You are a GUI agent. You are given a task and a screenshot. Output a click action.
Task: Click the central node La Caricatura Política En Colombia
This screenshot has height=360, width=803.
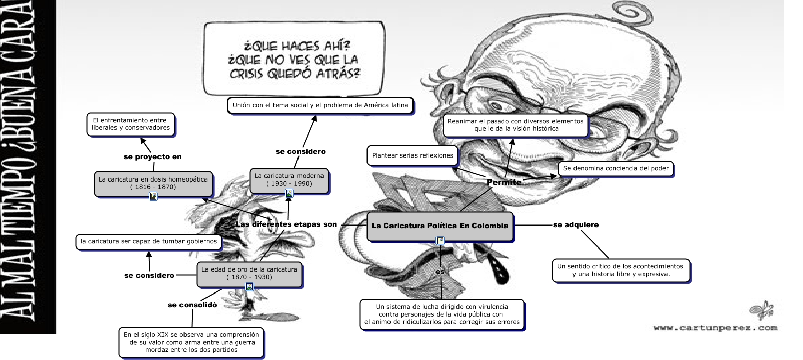[440, 226]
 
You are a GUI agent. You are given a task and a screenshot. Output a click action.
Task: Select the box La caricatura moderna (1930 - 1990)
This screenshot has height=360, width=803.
[289, 179]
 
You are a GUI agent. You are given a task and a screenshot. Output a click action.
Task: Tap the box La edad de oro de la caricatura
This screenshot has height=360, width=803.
[249, 273]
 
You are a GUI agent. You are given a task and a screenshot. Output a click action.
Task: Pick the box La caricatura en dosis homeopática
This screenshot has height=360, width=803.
[153, 183]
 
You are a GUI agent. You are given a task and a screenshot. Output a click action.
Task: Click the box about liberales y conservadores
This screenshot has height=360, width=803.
[131, 124]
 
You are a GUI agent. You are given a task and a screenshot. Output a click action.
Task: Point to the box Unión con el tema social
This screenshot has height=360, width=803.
[320, 105]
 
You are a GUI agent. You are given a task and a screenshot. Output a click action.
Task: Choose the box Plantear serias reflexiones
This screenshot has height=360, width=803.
[412, 155]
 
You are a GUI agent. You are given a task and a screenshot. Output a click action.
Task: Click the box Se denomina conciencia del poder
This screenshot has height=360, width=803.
[615, 168]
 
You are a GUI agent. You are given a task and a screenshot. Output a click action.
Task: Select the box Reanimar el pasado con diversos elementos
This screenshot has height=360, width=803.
[515, 125]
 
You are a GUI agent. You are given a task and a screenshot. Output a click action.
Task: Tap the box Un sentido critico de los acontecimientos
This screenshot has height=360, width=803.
[620, 270]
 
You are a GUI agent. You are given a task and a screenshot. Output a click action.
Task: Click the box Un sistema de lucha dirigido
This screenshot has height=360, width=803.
[442, 314]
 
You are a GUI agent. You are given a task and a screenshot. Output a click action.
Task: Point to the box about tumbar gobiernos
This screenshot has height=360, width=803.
[149, 241]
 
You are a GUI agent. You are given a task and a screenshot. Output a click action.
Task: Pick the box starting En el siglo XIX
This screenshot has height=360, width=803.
[192, 342]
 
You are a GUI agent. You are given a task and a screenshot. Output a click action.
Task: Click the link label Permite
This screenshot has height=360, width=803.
[504, 182]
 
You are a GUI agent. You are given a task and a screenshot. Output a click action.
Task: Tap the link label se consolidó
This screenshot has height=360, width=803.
[192, 305]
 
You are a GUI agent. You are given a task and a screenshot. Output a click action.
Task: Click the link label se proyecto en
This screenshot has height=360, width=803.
[152, 157]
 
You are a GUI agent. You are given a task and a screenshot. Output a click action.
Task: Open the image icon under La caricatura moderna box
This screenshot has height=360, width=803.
[289, 193]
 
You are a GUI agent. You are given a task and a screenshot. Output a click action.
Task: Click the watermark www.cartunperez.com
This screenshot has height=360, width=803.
[716, 328]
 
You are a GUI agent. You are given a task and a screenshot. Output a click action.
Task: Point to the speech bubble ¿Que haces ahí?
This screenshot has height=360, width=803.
[294, 59]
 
